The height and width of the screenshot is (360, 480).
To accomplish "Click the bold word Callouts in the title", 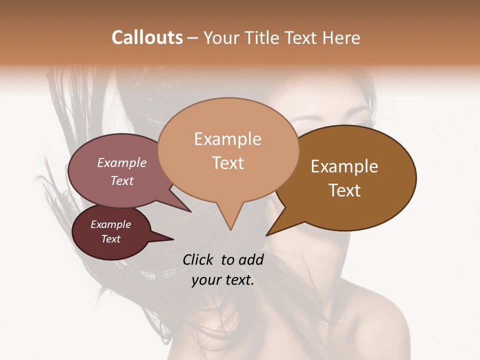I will (147, 37).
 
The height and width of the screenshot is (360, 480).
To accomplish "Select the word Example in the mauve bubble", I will (121, 162).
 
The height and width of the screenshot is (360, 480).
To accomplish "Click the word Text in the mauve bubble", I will (121, 180).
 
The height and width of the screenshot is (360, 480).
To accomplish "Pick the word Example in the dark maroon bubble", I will (110, 224).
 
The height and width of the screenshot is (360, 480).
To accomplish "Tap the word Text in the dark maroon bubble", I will (110, 239).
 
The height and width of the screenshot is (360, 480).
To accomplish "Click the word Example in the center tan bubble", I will (227, 139).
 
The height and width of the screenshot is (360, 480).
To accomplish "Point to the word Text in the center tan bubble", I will (228, 163).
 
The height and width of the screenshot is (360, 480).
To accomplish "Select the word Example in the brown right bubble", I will (344, 166).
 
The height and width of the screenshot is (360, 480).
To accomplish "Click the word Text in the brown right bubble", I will (344, 190).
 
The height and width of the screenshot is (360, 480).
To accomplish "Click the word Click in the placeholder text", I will (198, 259).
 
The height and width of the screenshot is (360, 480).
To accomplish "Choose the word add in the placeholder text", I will (251, 259).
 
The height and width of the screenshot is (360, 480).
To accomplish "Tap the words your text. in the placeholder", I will (222, 280).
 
